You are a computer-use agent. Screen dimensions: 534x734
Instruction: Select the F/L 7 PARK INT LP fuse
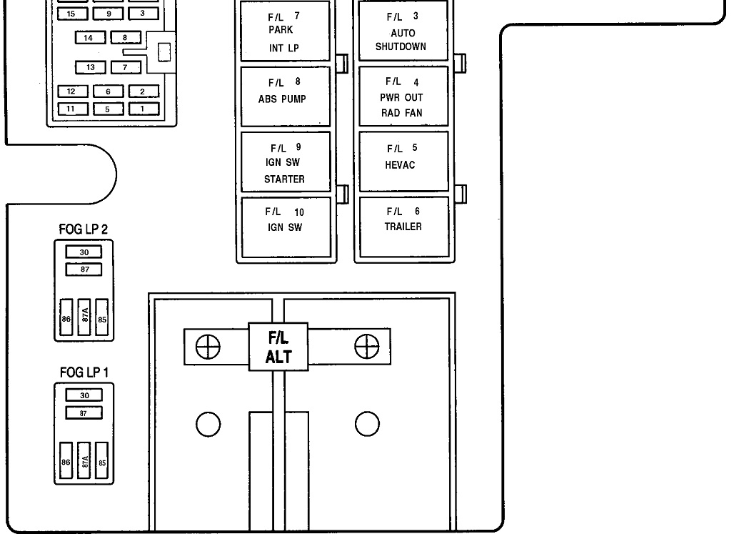coord(286,32)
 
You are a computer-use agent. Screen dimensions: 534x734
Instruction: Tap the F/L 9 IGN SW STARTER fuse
coord(286,162)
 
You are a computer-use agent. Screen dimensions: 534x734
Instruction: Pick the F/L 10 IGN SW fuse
coord(286,227)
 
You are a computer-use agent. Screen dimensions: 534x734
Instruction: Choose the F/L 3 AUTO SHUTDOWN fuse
coord(403,32)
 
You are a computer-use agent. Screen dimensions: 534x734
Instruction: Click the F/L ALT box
coord(278,347)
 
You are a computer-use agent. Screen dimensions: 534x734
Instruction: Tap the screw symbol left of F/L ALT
coord(208,347)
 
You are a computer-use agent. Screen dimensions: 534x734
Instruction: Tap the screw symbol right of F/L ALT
coord(366,347)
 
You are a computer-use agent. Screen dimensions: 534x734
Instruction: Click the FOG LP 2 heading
coord(84,229)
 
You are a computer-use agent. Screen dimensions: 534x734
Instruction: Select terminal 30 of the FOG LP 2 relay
coord(84,252)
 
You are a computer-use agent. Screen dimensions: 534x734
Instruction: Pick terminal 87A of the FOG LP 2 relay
coord(84,319)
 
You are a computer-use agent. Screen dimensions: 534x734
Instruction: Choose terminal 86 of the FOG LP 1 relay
coord(66,463)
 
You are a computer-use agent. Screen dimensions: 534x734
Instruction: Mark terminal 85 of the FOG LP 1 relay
coord(102,463)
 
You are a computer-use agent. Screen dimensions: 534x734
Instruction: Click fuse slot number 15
coord(71,14)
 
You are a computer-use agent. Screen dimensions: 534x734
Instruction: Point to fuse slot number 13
coord(91,67)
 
